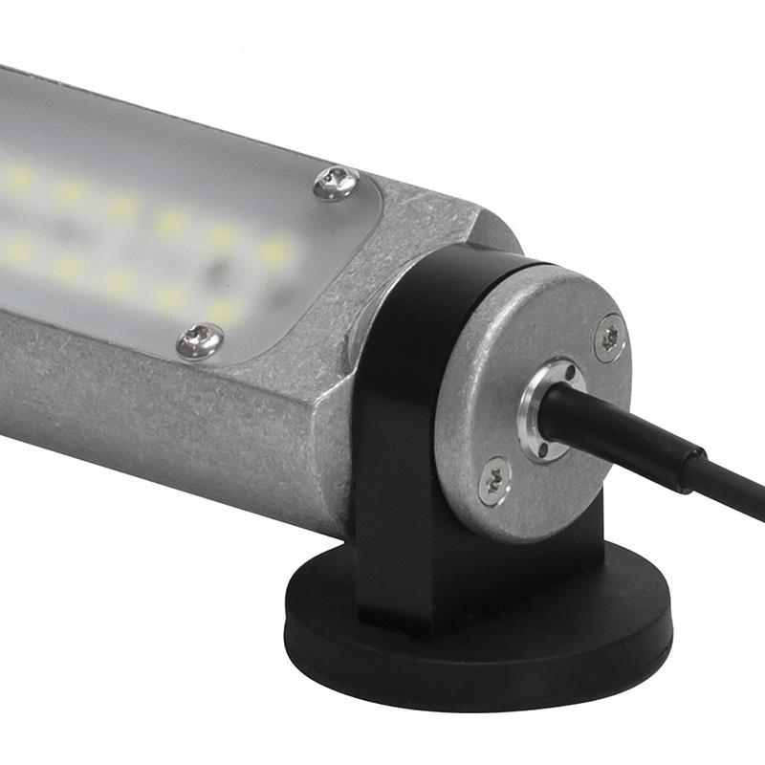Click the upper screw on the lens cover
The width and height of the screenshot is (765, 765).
(337, 183)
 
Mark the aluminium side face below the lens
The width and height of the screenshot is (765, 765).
(143, 411)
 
